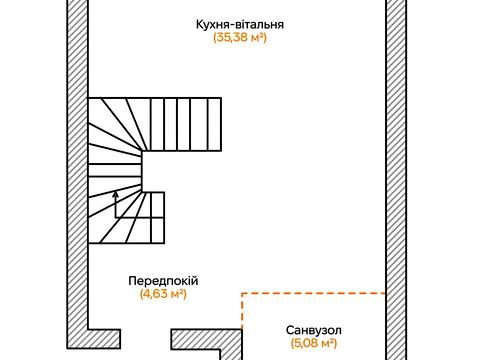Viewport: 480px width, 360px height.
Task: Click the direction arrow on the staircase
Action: tap(116, 203)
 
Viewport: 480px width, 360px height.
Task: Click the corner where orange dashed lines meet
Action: tap(243, 293)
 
